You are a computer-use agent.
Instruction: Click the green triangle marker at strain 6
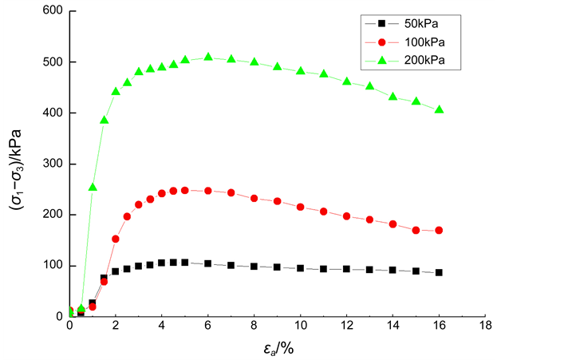pos(208,57)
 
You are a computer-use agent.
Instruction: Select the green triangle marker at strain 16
pos(439,109)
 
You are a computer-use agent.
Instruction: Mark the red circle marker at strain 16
pos(439,231)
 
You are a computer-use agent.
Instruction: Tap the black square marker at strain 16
pos(439,272)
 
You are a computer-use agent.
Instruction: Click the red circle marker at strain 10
pos(301,207)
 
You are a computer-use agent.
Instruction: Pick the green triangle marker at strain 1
pos(93,187)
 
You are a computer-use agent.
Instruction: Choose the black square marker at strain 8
pos(254,266)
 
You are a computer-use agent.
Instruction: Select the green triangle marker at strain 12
pos(346,81)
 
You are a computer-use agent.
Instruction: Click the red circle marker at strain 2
pos(116,239)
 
